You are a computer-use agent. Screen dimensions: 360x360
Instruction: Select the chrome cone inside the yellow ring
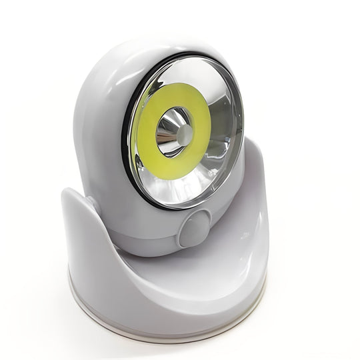pos(170,130)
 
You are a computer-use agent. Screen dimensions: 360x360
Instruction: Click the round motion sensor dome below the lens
pos(194,230)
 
